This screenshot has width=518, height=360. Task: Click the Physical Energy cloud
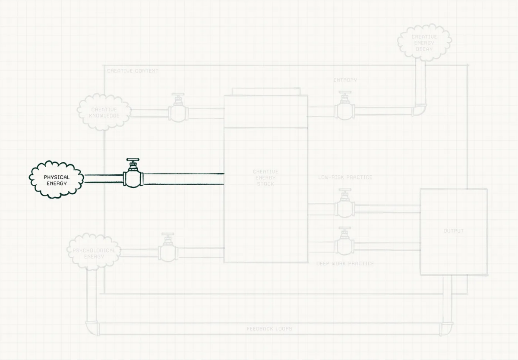(x=57, y=180)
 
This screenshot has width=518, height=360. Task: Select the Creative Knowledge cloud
(x=104, y=112)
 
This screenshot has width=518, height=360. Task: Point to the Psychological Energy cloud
(x=94, y=252)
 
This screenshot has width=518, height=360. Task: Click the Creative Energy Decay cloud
(x=424, y=43)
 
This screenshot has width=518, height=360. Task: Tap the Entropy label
(x=345, y=80)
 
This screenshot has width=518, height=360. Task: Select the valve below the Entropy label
(x=344, y=106)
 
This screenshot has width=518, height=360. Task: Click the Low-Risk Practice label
(x=345, y=177)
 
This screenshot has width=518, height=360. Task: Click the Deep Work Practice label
(x=345, y=264)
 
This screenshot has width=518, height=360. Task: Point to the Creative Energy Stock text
(x=265, y=177)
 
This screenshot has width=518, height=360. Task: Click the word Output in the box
(x=454, y=231)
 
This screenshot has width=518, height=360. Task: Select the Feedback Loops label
(x=269, y=328)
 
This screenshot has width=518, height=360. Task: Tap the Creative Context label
(x=133, y=71)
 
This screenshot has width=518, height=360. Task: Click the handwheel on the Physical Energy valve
(x=133, y=160)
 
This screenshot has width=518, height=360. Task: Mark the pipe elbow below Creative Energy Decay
(x=420, y=110)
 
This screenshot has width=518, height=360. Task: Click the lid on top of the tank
(x=266, y=92)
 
